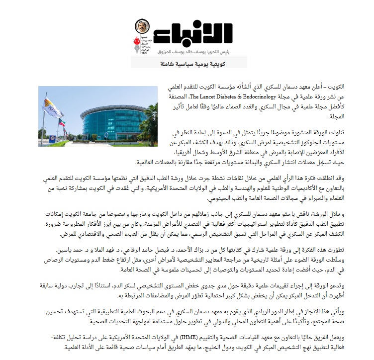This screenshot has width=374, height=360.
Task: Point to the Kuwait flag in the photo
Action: pos(61,121)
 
